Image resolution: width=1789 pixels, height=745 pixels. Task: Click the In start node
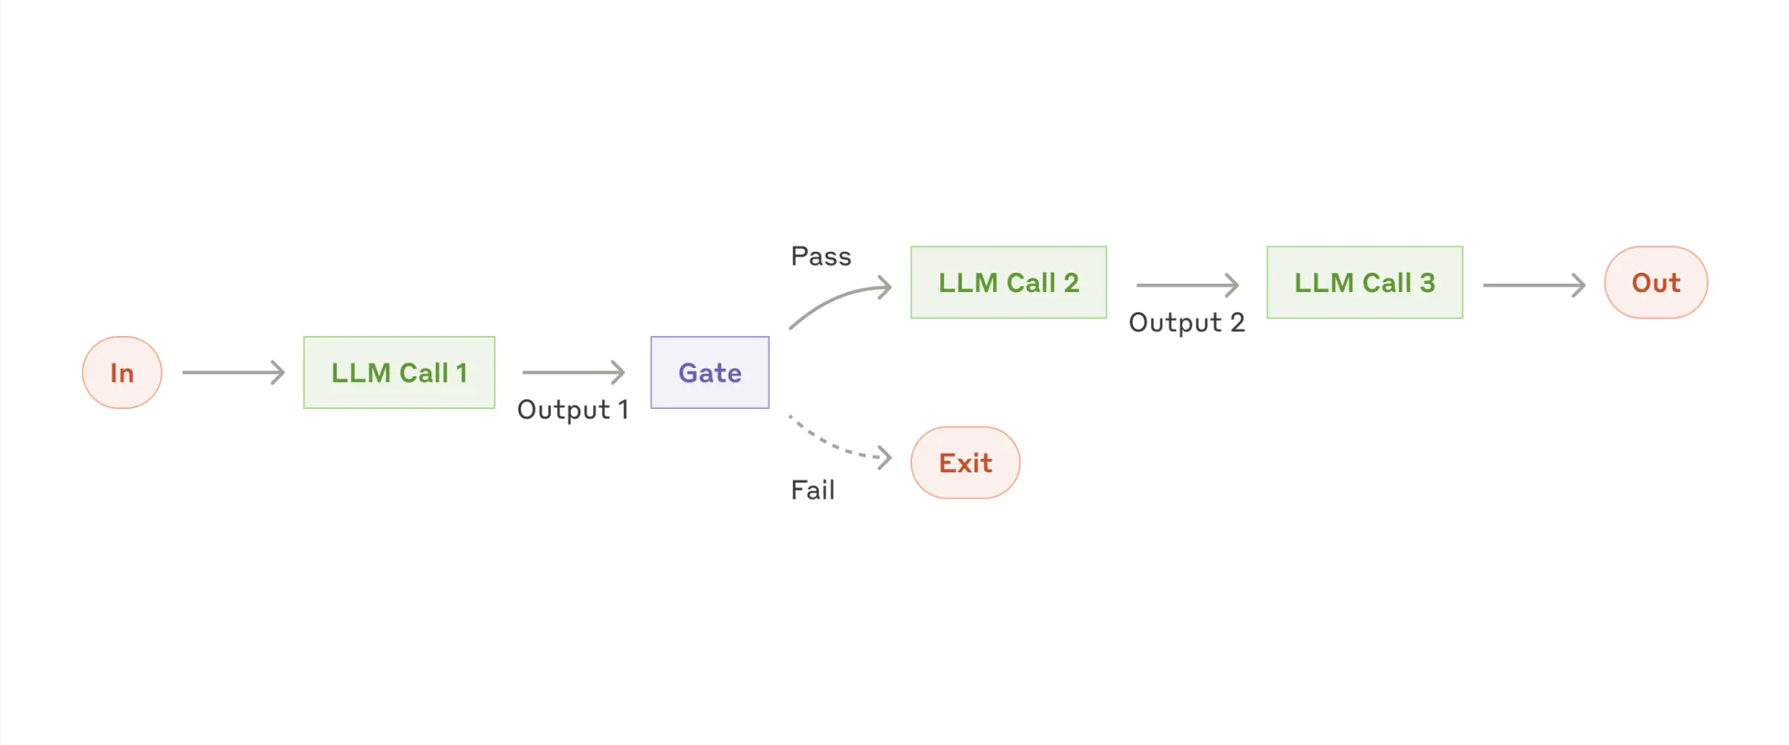point(122,372)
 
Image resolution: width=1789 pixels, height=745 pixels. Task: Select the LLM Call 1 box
point(399,372)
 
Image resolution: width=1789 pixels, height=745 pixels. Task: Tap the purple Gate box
point(709,372)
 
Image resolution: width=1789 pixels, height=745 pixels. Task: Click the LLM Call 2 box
point(1008,282)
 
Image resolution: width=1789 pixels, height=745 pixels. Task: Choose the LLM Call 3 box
point(1364,282)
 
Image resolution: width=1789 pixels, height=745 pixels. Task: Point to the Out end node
point(1656,282)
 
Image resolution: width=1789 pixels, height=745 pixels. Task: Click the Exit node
point(965,463)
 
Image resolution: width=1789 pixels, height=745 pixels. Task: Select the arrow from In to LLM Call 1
point(233,372)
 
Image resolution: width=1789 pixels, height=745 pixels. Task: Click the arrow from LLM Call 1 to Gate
point(573,372)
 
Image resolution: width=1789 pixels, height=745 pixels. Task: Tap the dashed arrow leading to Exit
point(838,443)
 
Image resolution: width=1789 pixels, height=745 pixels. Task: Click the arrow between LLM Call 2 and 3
point(1187,285)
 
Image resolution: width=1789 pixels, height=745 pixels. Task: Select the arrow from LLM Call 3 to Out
point(1533,285)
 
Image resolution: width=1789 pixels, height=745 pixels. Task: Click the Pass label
point(821,257)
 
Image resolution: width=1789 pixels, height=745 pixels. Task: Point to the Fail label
point(813,490)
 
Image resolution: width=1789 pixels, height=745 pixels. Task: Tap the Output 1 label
point(572,410)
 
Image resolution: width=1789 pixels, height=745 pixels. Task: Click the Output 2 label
point(1186,322)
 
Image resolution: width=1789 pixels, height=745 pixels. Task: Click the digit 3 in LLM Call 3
point(1427,282)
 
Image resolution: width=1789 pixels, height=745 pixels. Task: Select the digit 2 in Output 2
point(1237,322)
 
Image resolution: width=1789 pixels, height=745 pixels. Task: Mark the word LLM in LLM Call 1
point(361,373)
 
